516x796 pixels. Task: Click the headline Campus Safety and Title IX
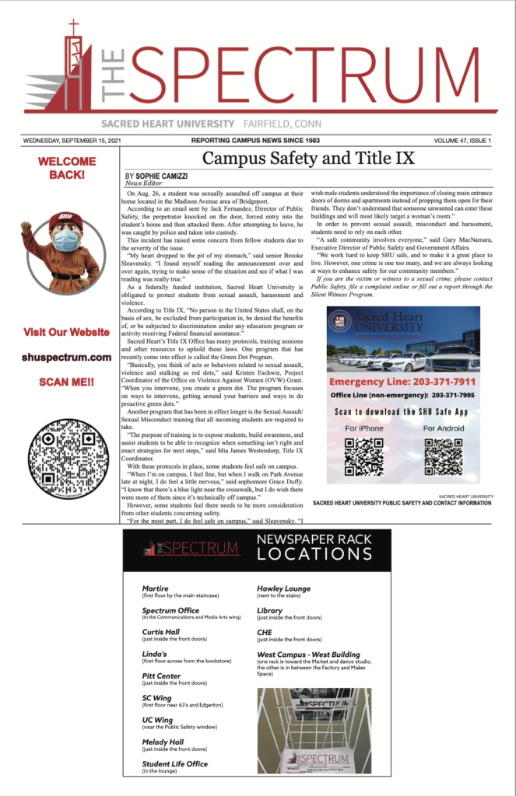[x=308, y=159]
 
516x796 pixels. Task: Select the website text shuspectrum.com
[x=66, y=357]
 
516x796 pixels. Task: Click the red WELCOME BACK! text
[x=66, y=168]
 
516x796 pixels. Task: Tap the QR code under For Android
[x=443, y=456]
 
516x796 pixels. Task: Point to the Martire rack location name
[x=156, y=588]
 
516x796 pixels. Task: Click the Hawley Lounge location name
[x=283, y=588]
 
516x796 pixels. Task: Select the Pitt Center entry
[x=161, y=676]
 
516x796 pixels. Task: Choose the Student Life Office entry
[x=174, y=763]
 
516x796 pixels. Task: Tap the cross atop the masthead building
[x=75, y=29]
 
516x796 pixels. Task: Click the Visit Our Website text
[x=66, y=332]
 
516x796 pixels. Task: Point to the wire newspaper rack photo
[x=314, y=730]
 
